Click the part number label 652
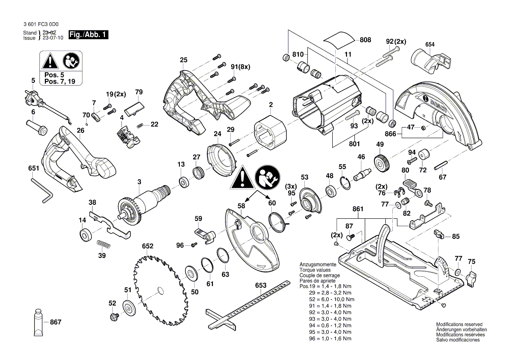point(148,246)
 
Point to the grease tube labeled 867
point(39,323)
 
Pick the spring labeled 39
point(101,245)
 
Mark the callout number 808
point(365,40)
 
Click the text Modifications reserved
point(459,325)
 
